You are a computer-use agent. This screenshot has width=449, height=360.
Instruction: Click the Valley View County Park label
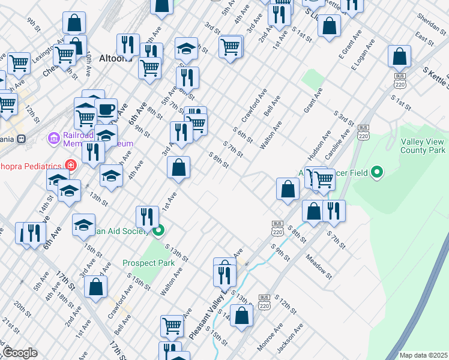click(x=423, y=146)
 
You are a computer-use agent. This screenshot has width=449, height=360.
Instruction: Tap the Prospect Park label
click(x=148, y=263)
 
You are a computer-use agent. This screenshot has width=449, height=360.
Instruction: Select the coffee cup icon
click(x=106, y=110)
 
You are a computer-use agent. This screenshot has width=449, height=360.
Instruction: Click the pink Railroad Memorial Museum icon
click(x=54, y=139)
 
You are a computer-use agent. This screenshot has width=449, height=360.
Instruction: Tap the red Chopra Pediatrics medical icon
click(x=71, y=165)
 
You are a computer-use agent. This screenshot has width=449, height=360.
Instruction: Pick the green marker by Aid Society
click(x=159, y=230)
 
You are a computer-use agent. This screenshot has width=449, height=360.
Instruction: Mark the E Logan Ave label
click(x=363, y=56)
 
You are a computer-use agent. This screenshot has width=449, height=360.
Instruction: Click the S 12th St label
click(x=286, y=305)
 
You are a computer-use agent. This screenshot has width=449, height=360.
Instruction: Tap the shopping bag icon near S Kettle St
click(x=399, y=57)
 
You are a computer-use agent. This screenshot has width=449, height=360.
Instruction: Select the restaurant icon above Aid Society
click(x=147, y=217)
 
